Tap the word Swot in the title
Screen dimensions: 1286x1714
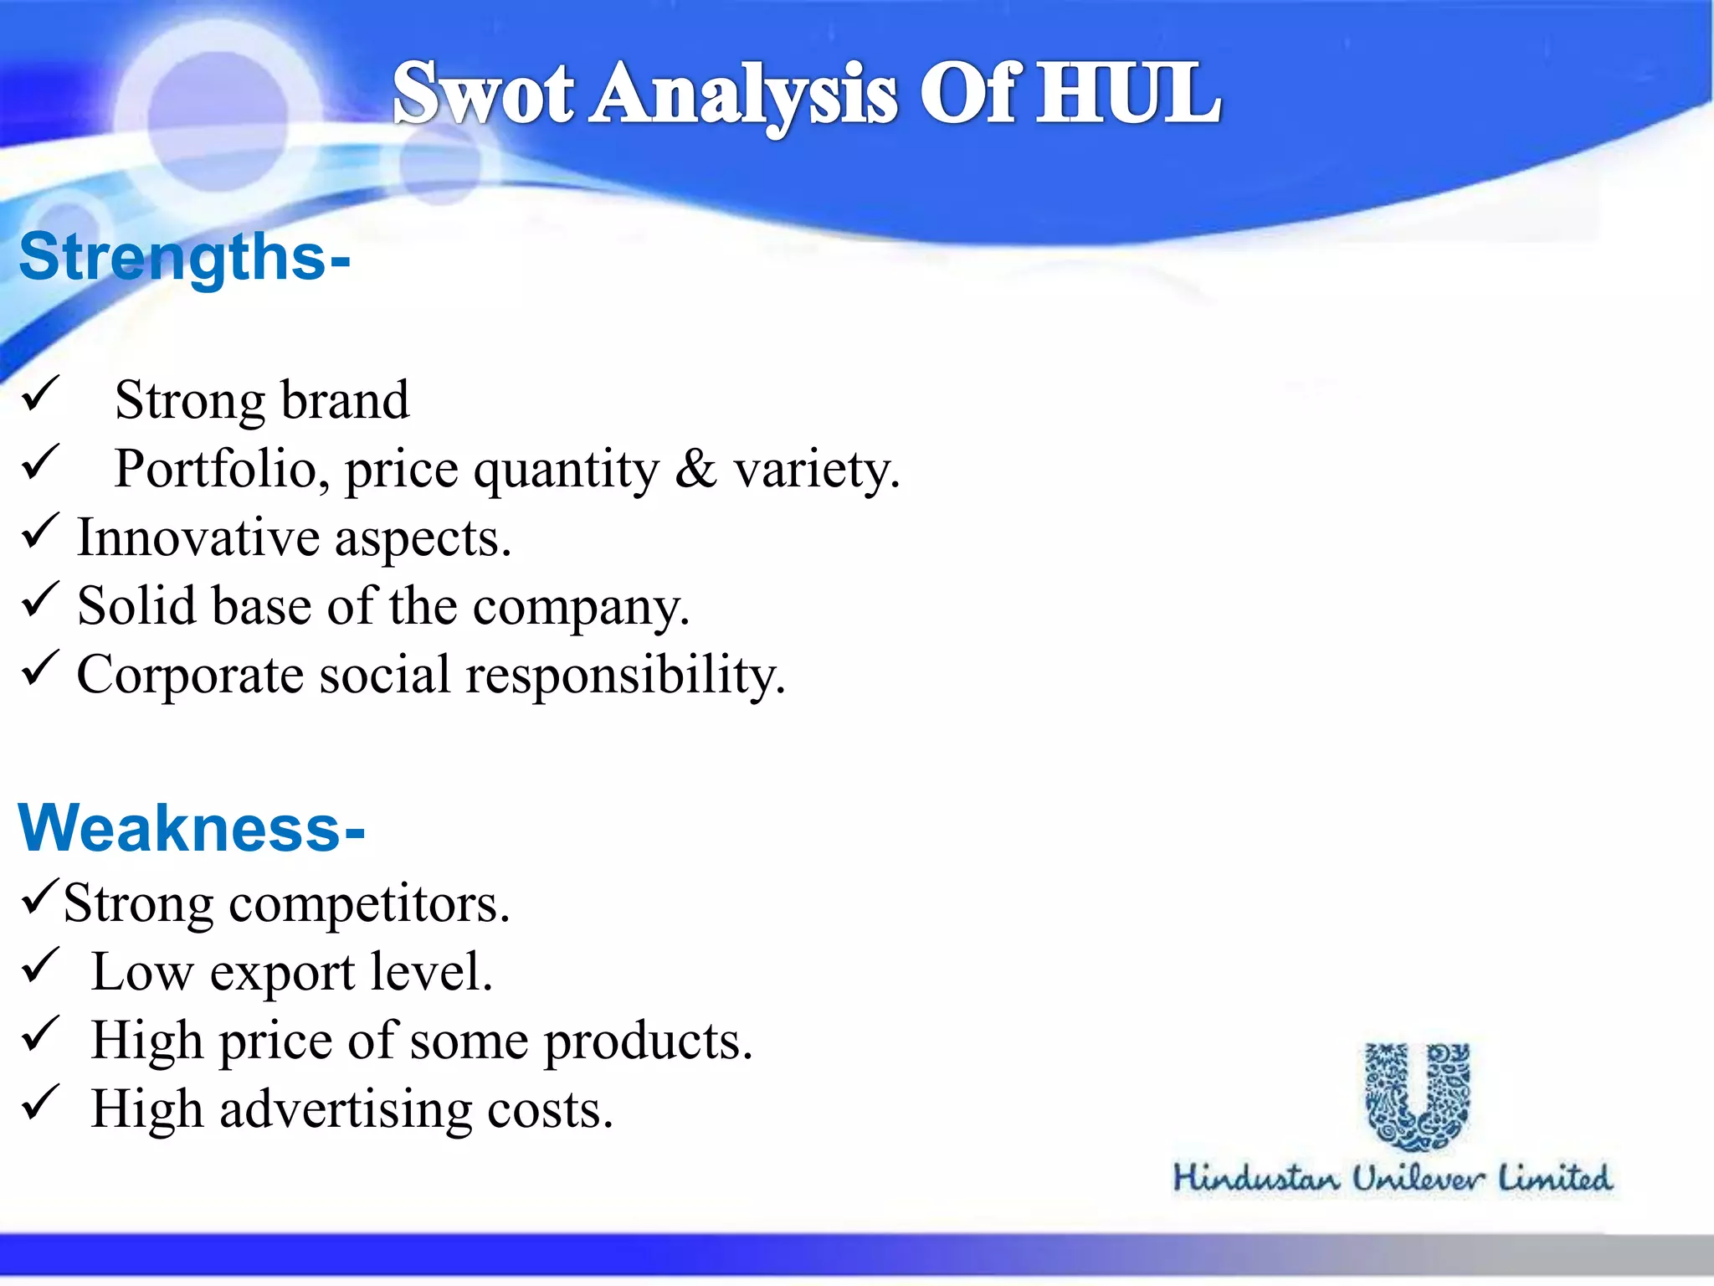click(x=483, y=94)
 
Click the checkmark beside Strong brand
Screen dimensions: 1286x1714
click(x=40, y=394)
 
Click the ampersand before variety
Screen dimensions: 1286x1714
click(x=695, y=469)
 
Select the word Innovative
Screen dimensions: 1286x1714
click(x=198, y=538)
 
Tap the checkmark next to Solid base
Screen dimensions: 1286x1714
click(x=39, y=599)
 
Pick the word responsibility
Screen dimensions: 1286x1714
click(x=625, y=675)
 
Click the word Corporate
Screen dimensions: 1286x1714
click(x=190, y=675)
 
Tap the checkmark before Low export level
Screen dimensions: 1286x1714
click(x=39, y=965)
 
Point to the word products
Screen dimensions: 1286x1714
click(x=649, y=1042)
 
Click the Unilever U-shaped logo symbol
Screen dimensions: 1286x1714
click(x=1417, y=1097)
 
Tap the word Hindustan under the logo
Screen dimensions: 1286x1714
click(x=1255, y=1178)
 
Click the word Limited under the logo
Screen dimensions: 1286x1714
click(x=1554, y=1178)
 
